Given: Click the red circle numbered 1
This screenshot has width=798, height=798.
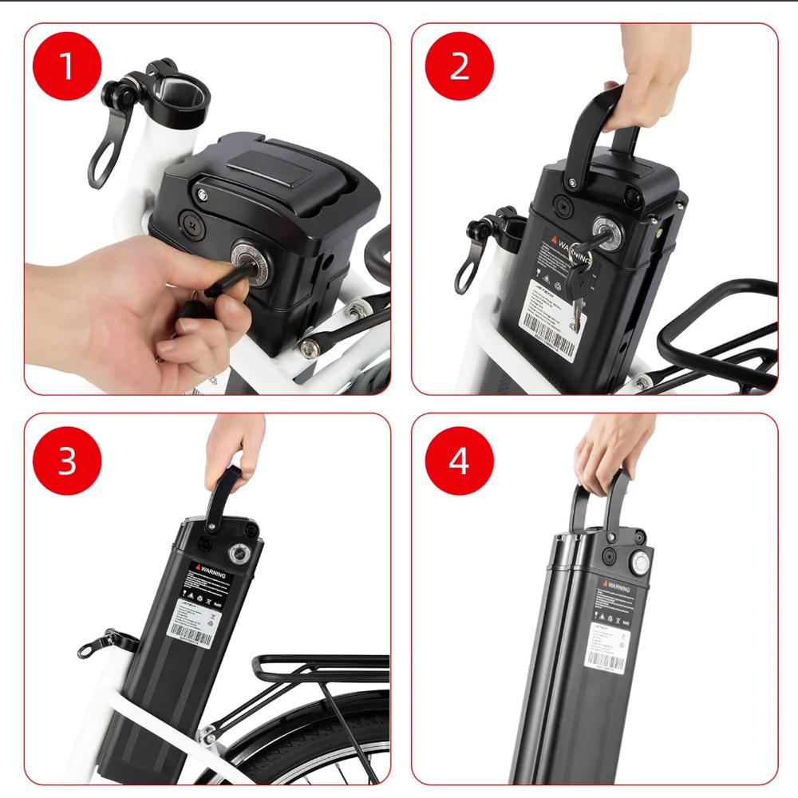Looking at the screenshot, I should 67,65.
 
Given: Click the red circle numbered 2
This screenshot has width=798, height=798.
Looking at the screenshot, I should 459,65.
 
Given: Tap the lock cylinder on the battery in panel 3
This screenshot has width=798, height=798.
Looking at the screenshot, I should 239,552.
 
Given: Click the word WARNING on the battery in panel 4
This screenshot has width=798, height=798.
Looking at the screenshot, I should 617,588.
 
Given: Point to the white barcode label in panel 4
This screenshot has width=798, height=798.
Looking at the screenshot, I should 606,646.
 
